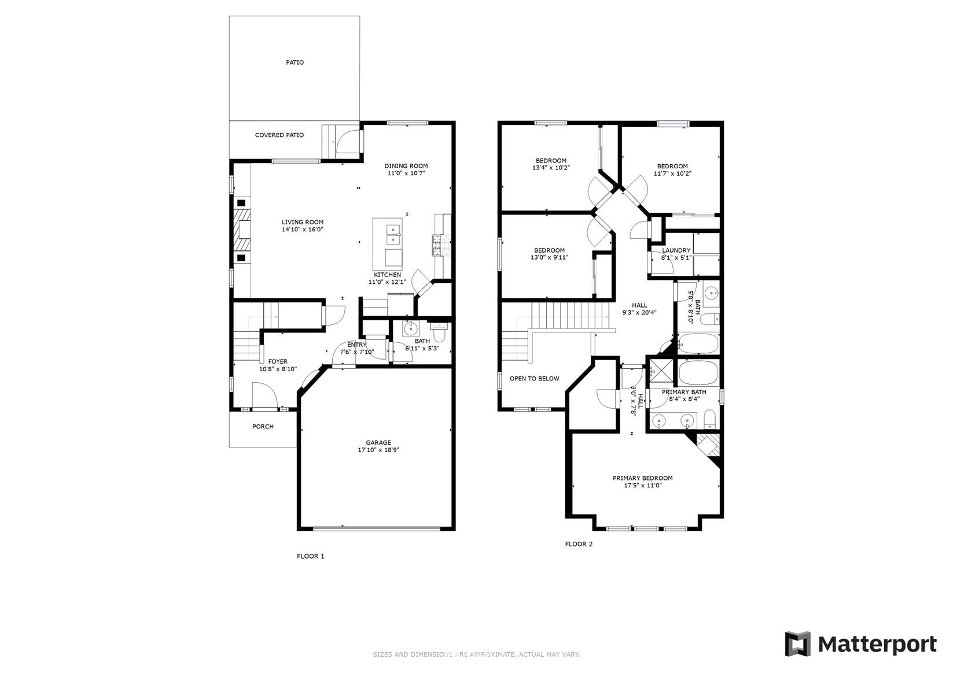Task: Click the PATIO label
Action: coord(295,62)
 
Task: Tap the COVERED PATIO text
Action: coord(279,135)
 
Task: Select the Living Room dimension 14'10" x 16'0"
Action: coord(303,230)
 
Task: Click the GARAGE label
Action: coord(378,442)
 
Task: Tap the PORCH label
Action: coord(263,427)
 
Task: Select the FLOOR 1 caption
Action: coord(311,556)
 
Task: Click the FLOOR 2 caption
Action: coord(579,543)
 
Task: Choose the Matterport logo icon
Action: coord(797,644)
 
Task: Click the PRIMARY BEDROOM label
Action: coord(642,478)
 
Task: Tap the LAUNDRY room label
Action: coord(676,251)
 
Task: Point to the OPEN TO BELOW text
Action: coord(534,379)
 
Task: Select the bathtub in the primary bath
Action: coord(698,373)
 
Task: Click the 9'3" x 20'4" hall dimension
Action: coord(639,312)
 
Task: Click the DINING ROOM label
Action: coord(406,167)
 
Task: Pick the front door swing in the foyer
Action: coord(264,395)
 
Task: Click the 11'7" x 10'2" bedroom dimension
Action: coord(672,173)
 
